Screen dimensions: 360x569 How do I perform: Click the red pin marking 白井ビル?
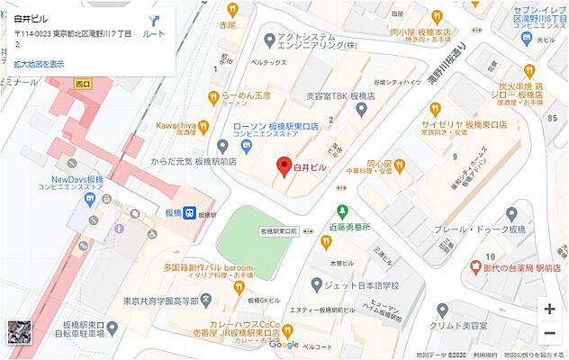(282, 167)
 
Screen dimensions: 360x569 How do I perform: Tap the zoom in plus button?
(548, 308)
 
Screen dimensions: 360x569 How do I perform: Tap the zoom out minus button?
(548, 334)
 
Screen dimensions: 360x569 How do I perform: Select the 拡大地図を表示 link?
(38, 64)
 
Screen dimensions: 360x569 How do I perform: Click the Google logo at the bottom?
(283, 345)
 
